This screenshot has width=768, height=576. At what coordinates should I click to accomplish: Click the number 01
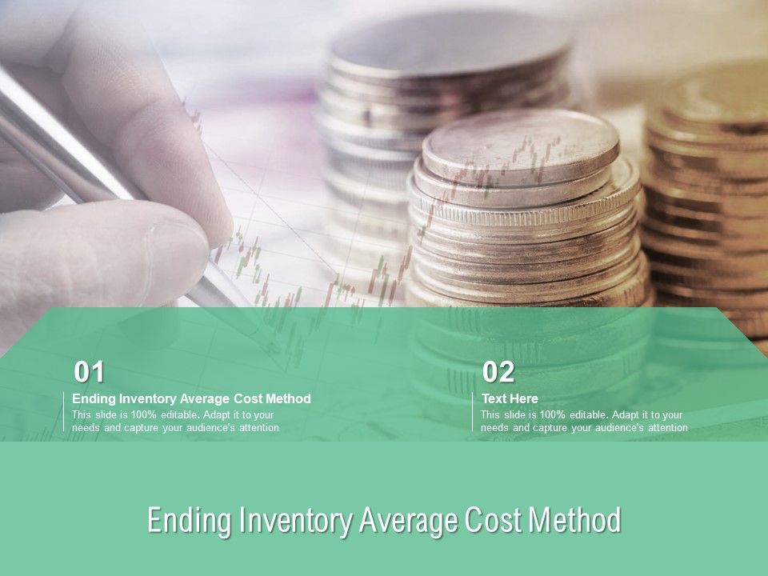(90, 372)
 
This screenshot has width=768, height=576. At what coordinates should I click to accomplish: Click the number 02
(498, 372)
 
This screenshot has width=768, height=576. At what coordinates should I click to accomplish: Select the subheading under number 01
(191, 398)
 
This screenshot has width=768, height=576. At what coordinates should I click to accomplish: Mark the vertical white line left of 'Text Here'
(472, 412)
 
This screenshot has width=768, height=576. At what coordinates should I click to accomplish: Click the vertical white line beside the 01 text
(63, 412)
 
